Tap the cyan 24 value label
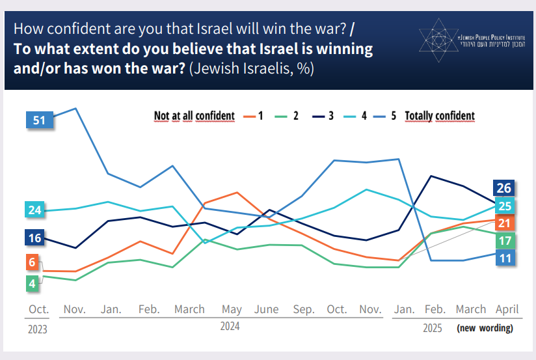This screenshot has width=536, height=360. [x=35, y=210]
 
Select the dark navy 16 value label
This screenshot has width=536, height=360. [x=35, y=238]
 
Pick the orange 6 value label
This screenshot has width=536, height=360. [x=31, y=262]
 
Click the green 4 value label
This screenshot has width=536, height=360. [x=31, y=283]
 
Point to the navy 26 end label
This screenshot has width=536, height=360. [x=505, y=189]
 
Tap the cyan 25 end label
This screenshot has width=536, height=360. [x=505, y=206]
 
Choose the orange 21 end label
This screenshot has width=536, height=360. [x=505, y=223]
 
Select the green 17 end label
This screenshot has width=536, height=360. [x=505, y=240]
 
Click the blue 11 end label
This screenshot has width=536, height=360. [x=505, y=258]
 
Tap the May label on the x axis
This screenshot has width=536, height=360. [x=232, y=309]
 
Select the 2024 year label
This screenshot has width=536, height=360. [x=230, y=327]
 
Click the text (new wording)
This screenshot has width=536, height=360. [x=485, y=328]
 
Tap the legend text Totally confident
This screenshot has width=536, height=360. [x=440, y=116]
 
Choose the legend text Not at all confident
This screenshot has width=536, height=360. [x=194, y=116]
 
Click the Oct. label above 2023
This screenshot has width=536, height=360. [x=38, y=309]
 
